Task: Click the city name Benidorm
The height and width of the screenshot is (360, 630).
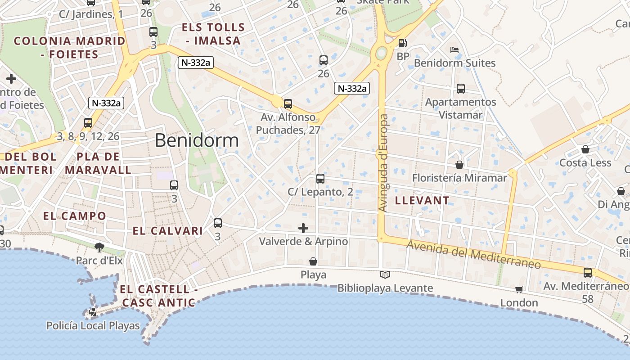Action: (x=197, y=140)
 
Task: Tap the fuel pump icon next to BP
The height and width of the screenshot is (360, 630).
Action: (x=403, y=43)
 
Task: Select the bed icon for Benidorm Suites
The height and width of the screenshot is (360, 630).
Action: (x=454, y=50)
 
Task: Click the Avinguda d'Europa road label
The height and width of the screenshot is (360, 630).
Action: (x=383, y=163)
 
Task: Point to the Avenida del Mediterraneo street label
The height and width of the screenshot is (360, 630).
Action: (x=473, y=254)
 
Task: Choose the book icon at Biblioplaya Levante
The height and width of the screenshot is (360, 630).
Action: (x=385, y=274)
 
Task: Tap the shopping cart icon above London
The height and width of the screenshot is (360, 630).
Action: (x=519, y=289)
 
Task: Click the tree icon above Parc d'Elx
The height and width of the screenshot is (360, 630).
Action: (x=99, y=247)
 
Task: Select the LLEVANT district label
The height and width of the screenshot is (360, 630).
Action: (x=422, y=201)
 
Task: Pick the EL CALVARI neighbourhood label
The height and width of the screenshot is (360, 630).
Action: (x=167, y=231)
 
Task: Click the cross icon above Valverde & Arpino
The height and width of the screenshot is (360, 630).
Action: (x=303, y=228)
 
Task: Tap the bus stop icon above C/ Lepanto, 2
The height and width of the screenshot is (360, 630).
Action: (x=320, y=179)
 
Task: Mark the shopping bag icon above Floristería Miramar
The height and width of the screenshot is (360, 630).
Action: (x=459, y=165)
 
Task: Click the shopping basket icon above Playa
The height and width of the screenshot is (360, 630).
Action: (x=313, y=261)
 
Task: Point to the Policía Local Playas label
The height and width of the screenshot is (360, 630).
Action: (x=93, y=325)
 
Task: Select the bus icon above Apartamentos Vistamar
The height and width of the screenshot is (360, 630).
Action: (x=460, y=89)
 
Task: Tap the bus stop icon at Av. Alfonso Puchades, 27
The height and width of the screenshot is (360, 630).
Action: (x=288, y=104)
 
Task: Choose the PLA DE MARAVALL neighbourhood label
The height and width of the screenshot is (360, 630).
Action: (x=98, y=163)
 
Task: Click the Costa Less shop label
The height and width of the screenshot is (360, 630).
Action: (x=585, y=162)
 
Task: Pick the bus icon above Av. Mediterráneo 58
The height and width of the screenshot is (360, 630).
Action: (x=587, y=272)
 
